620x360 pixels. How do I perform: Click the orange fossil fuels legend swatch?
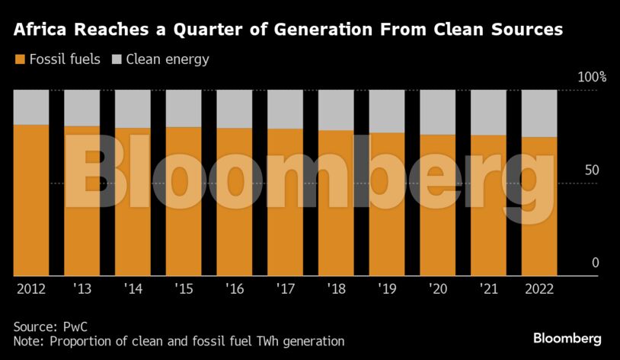pyautogui.click(x=19, y=59)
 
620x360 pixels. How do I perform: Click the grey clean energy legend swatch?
pyautogui.click(x=117, y=59)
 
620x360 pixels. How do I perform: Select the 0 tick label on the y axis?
pyautogui.click(x=596, y=263)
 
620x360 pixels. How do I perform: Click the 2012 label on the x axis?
pyautogui.click(x=30, y=289)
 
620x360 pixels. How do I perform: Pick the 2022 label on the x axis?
pyautogui.click(x=539, y=289)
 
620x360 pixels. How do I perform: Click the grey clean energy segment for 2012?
pyautogui.click(x=30, y=107)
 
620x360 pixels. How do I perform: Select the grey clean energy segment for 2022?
pyautogui.click(x=539, y=113)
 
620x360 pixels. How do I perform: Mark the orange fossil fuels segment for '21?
pyautogui.click(x=488, y=205)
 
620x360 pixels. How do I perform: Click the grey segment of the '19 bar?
pyautogui.click(x=386, y=111)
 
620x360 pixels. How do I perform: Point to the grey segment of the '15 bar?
pyautogui.click(x=183, y=108)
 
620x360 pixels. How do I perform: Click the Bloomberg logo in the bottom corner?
pyautogui.click(x=567, y=338)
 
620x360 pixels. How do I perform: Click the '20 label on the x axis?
pyautogui.click(x=437, y=289)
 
